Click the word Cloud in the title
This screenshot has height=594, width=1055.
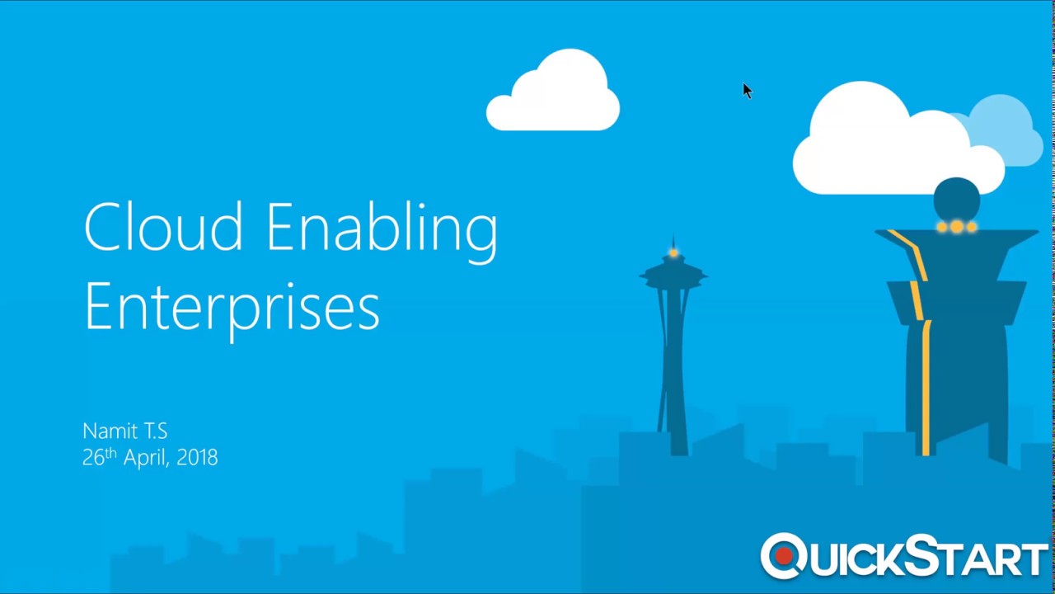click(163, 226)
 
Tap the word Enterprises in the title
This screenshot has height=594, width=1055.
click(232, 307)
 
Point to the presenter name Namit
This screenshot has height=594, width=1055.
click(111, 431)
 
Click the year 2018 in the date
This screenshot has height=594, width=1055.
click(197, 457)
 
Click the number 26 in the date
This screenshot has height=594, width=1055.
click(93, 457)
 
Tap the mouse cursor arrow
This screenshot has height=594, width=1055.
click(747, 91)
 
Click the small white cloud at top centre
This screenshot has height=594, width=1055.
click(553, 95)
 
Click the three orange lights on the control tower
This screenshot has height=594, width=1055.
click(956, 226)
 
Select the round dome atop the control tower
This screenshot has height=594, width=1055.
click(956, 198)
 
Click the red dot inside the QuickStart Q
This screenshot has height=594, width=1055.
click(784, 557)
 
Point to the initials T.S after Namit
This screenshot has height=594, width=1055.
click(155, 431)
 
